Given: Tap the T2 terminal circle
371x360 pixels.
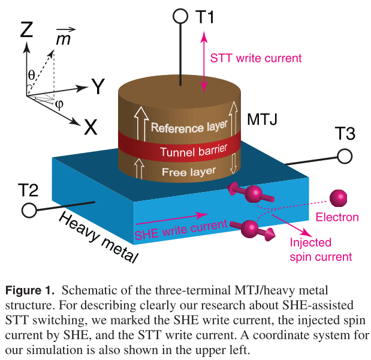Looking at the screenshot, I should pyautogui.click(x=28, y=210).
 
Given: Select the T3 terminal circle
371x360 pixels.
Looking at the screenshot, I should pyautogui.click(x=344, y=157).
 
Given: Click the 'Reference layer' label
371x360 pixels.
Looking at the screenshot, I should pyautogui.click(x=189, y=127).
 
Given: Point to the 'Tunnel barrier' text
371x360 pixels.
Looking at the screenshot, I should pyautogui.click(x=188, y=150).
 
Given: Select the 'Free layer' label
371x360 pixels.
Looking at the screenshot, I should pyautogui.click(x=188, y=172).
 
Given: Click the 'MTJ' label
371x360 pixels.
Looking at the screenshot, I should pyautogui.click(x=262, y=120).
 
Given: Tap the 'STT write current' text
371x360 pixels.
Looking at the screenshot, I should pyautogui.click(x=256, y=58).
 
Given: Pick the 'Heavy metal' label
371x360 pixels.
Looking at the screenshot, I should pyautogui.click(x=99, y=237).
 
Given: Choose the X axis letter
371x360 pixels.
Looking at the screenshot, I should pyautogui.click(x=91, y=127).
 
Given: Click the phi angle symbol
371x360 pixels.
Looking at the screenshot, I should pyautogui.click(x=59, y=103).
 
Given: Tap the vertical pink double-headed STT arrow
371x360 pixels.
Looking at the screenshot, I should pyautogui.click(x=204, y=63).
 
